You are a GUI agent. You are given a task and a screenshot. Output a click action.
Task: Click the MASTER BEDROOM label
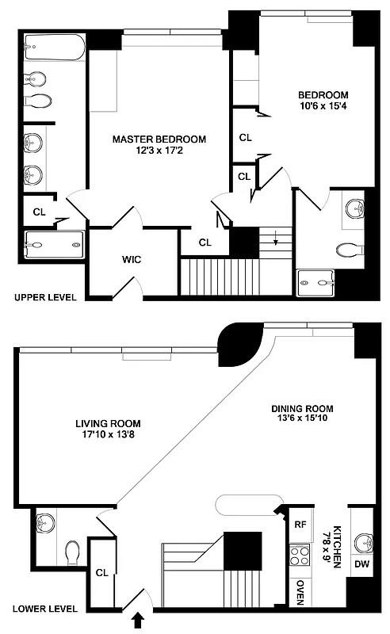tap(159, 139)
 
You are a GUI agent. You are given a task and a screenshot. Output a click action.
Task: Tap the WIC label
tap(131, 259)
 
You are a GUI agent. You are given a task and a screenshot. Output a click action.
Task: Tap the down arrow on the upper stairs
tap(276, 241)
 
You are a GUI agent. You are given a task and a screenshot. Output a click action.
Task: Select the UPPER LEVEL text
tap(44, 298)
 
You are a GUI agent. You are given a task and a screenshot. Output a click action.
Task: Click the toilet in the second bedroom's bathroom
tap(349, 250)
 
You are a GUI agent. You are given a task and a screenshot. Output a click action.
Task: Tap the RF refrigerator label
tap(300, 524)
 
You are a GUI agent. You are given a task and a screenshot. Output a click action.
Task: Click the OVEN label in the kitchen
tap(300, 591)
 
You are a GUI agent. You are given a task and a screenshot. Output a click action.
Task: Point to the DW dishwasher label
tap(361, 564)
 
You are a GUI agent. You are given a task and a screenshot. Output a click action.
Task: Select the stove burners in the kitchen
tap(300, 555)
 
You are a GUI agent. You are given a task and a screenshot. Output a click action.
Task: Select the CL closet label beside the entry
tap(101, 572)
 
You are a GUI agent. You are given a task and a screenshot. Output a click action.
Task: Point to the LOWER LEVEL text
tap(44, 609)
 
